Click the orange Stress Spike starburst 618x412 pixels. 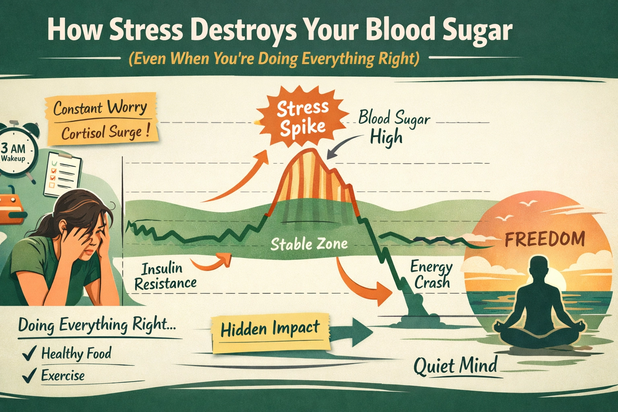[302, 118]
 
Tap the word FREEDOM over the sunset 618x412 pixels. [545, 239]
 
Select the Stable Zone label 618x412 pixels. [309, 244]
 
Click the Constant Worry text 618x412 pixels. [100, 108]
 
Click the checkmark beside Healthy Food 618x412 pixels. [29, 353]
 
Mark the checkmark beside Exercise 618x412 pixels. [29, 375]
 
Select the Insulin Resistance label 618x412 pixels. [165, 276]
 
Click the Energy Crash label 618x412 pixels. [431, 274]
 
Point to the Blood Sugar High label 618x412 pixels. [393, 128]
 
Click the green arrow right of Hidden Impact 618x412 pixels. [350, 332]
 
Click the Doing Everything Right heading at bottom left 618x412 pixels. [97, 325]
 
